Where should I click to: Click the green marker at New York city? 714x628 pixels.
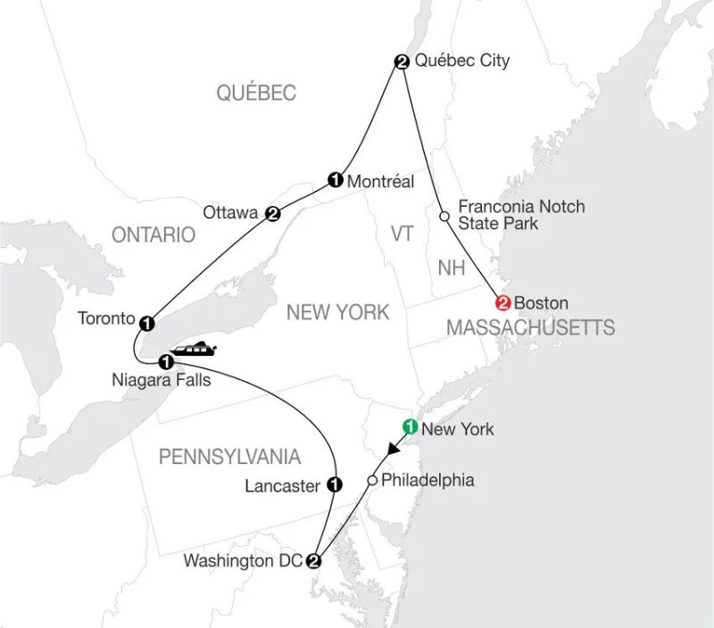click(x=410, y=426)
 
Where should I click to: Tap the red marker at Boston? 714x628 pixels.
click(x=502, y=302)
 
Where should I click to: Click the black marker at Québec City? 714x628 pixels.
click(x=402, y=62)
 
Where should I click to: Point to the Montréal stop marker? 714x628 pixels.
click(x=336, y=180)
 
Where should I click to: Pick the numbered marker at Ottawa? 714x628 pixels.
click(x=273, y=212)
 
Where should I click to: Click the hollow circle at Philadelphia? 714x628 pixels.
click(x=372, y=482)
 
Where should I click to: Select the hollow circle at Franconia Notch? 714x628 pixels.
click(x=444, y=215)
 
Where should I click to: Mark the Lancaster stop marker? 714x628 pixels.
click(x=336, y=484)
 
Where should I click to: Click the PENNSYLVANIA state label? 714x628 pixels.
click(x=229, y=458)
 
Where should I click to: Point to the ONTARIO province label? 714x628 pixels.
click(x=153, y=235)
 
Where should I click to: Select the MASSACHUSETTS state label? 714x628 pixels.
click(x=529, y=328)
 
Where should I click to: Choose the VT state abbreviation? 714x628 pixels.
click(x=403, y=234)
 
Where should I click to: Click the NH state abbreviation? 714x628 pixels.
click(x=452, y=269)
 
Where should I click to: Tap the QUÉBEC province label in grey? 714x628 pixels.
click(x=256, y=93)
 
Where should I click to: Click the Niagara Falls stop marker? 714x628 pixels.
click(x=165, y=362)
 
